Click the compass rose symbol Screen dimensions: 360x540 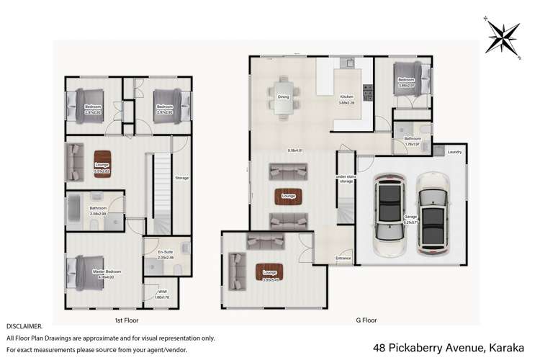(504, 35)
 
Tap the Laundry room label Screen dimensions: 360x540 (454, 153)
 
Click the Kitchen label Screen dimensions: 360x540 (347, 96)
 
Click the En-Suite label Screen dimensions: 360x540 (166, 252)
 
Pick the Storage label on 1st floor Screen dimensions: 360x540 (181, 178)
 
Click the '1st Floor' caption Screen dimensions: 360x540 (127, 319)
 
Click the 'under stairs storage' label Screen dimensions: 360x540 (346, 179)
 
